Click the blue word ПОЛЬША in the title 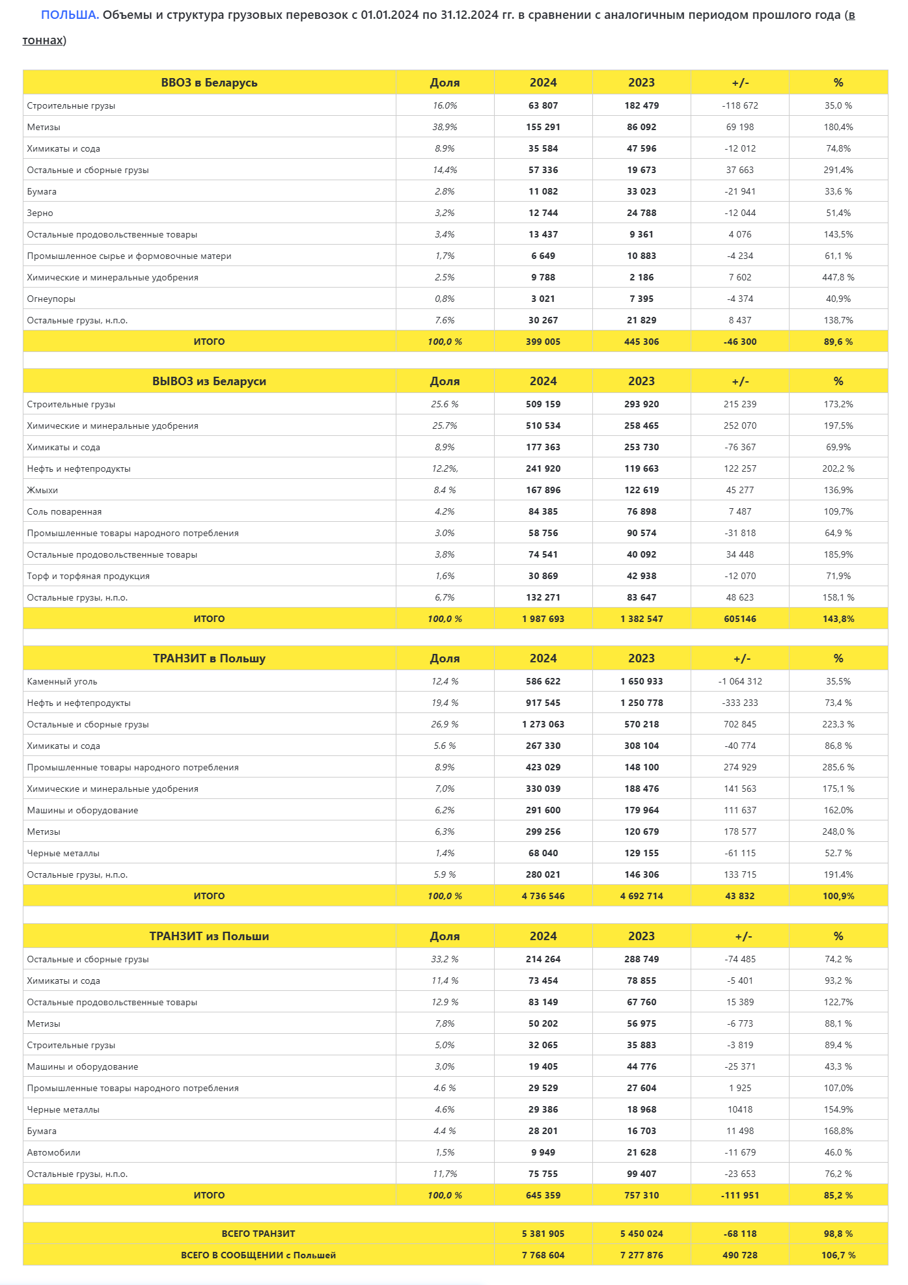(x=70, y=15)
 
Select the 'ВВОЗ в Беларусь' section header (x=209, y=83)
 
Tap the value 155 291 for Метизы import (x=543, y=127)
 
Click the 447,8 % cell (x=838, y=277)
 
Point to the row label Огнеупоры (x=51, y=299)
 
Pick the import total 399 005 (x=543, y=342)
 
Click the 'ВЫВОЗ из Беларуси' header (x=209, y=381)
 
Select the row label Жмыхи (x=42, y=490)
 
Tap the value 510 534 (x=543, y=426)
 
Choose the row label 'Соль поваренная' (x=64, y=511)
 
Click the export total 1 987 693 (x=543, y=619)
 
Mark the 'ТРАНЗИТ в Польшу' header (x=209, y=658)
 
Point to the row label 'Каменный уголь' (x=62, y=681)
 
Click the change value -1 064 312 (x=740, y=681)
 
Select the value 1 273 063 (x=543, y=724)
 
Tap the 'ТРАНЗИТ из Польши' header (x=209, y=936)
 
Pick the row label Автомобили (x=54, y=1152)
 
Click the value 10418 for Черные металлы (x=740, y=1109)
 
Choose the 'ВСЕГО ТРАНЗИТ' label (x=258, y=1234)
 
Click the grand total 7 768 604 (x=543, y=1255)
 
